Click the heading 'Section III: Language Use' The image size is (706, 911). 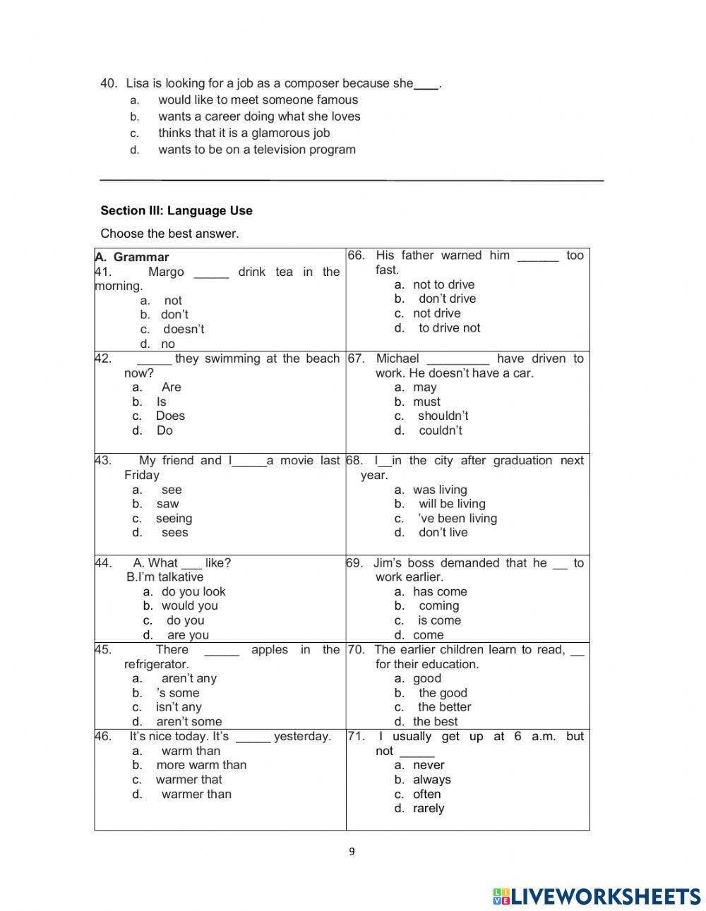coord(176,210)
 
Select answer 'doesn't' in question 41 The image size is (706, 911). coord(184,329)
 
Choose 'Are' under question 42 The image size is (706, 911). coord(171,387)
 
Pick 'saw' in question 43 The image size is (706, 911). coord(168,504)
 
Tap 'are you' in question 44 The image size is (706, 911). coord(188,635)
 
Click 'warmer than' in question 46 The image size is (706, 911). coord(196,794)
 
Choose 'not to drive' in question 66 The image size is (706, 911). coord(443,284)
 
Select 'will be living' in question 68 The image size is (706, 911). coord(452,504)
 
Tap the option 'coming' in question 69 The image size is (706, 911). coord(438,605)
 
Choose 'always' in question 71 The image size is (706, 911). coord(432,780)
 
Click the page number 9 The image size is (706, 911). coord(352,851)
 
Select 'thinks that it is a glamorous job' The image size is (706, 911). coord(244,133)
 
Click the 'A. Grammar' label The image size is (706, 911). coord(133,257)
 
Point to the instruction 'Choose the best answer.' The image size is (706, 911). coord(169,234)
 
